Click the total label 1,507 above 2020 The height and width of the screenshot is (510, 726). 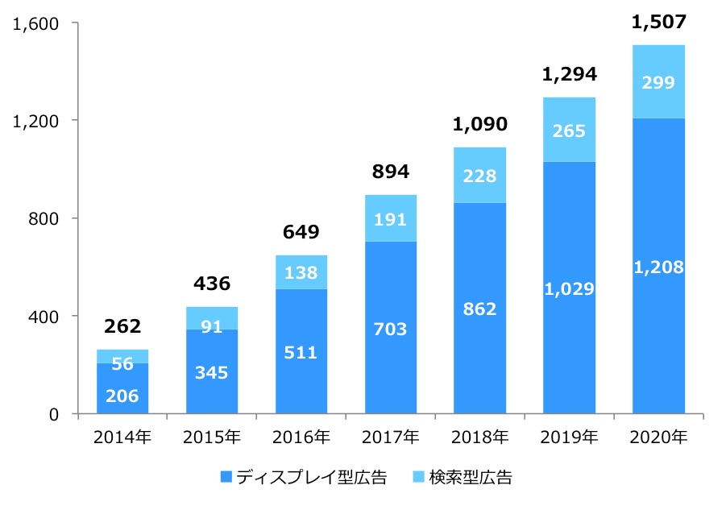[x=658, y=23]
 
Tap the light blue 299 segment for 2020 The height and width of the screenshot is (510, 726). [x=658, y=81]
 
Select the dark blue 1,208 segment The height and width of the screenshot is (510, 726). [x=658, y=267]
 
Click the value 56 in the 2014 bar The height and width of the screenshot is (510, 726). [x=122, y=364]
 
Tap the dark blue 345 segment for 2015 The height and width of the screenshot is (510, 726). [x=212, y=373]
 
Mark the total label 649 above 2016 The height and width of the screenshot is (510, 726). [x=301, y=233]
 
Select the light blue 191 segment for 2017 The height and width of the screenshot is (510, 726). [x=391, y=218]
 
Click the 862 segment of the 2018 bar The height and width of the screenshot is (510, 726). [x=480, y=309]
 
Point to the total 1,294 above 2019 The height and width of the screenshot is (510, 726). [x=569, y=75]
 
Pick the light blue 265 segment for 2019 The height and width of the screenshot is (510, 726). [x=569, y=130]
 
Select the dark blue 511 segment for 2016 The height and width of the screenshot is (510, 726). [x=301, y=352]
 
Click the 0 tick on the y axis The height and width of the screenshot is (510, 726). [x=54, y=414]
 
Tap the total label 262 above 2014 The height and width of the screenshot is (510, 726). [x=122, y=326]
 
